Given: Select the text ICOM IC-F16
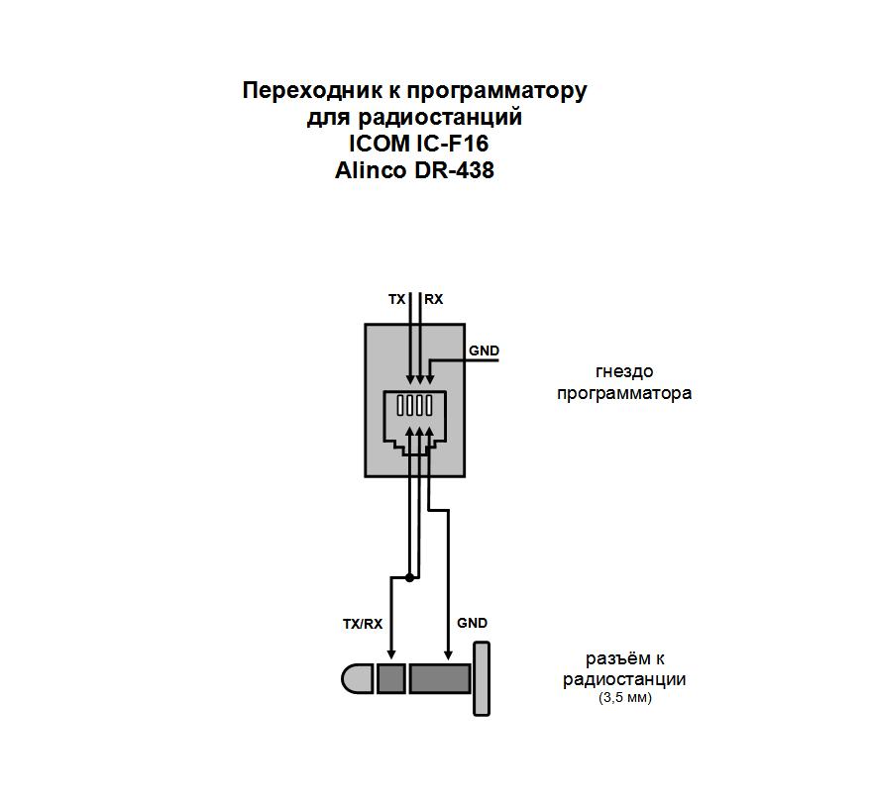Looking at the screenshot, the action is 419,143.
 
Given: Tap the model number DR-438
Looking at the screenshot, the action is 454,169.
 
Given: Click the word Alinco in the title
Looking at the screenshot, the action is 371,169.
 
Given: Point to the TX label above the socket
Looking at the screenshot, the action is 396,299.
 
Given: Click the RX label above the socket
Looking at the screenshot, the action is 434,299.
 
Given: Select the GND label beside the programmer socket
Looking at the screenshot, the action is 484,350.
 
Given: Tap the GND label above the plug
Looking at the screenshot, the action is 473,623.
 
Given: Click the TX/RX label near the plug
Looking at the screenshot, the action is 363,624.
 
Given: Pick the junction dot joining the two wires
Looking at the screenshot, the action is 409,577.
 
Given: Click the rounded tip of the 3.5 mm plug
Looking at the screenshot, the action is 358,679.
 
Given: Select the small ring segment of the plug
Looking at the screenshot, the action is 391,679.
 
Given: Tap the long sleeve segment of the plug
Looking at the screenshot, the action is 440,679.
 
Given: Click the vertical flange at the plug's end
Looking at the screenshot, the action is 482,678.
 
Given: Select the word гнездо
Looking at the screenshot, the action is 624,372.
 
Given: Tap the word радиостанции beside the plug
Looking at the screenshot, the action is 624,679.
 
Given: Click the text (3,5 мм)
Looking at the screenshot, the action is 625,698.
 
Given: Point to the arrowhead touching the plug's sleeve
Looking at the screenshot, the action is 448,654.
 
